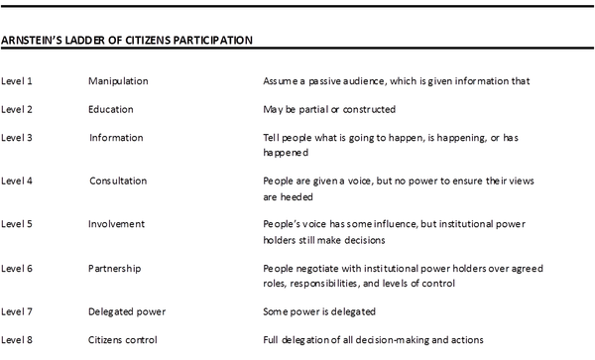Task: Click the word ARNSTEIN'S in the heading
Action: tap(32, 41)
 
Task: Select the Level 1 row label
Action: tap(17, 78)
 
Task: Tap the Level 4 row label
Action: tap(17, 180)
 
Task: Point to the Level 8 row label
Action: tap(17, 340)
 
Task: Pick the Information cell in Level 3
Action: tap(116, 137)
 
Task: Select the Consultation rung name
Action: tap(118, 180)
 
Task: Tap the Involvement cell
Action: tap(117, 224)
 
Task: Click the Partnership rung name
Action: tap(114, 268)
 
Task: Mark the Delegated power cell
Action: tap(126, 311)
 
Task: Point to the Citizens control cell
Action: tap(124, 340)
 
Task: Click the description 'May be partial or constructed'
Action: tap(328, 108)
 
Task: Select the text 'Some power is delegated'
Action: tap(319, 311)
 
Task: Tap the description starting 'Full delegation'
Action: tap(372, 340)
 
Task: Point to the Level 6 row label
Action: tap(17, 268)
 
